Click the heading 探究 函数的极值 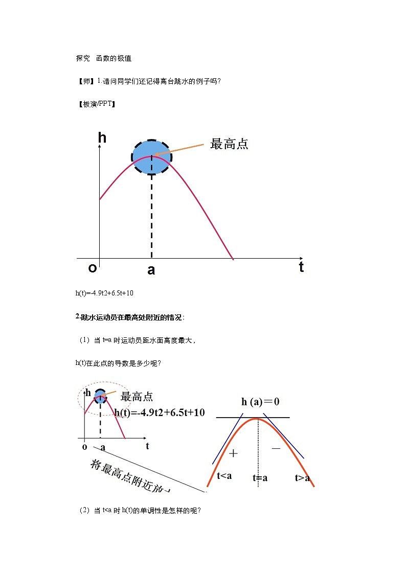pyautogui.click(x=104, y=59)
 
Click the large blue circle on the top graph pyautogui.click(x=152, y=156)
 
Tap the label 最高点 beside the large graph pyautogui.click(x=229, y=144)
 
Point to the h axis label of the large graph pyautogui.click(x=102, y=137)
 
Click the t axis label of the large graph pyautogui.click(x=301, y=267)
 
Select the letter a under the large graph pyautogui.click(x=151, y=270)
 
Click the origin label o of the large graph pyautogui.click(x=93, y=268)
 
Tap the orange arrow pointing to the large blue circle pyautogui.click(x=184, y=149)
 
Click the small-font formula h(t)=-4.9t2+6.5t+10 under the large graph pyautogui.click(x=104, y=293)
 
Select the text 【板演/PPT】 pyautogui.click(x=96, y=104)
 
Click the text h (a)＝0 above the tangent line pyautogui.click(x=260, y=402)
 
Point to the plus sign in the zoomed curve pyautogui.click(x=234, y=453)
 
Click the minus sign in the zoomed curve pyautogui.click(x=276, y=448)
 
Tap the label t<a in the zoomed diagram pyautogui.click(x=224, y=476)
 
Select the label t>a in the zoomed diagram pyautogui.click(x=302, y=478)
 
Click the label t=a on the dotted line pyautogui.click(x=260, y=478)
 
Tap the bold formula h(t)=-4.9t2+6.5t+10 pyautogui.click(x=160, y=412)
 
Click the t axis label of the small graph pyautogui.click(x=147, y=446)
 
